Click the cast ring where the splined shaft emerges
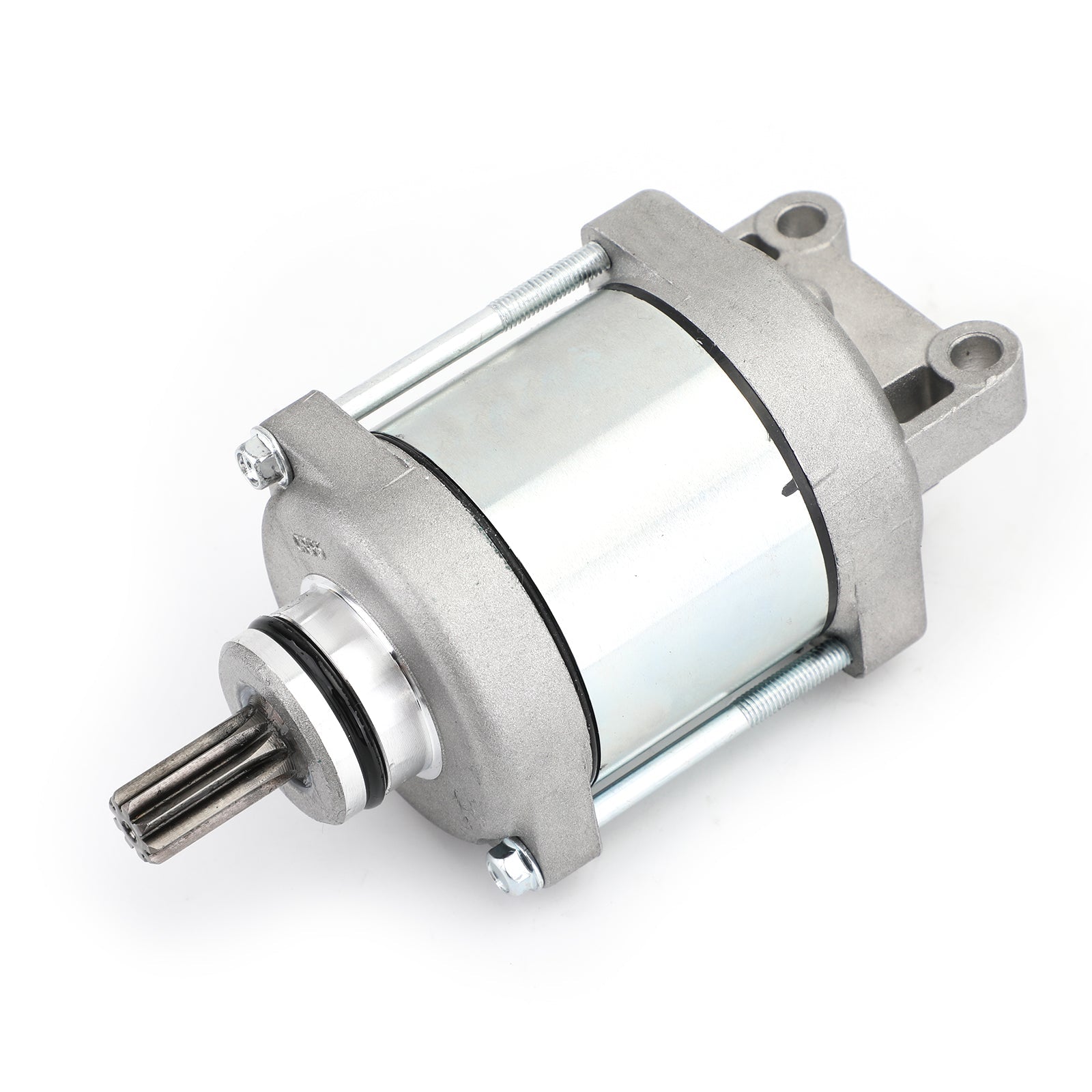[273, 676]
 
